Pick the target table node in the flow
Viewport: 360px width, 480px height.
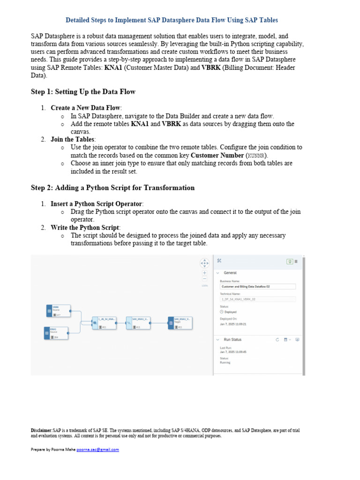point(180,323)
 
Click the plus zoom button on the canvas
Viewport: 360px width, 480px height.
point(204,272)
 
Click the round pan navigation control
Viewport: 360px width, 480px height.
point(204,263)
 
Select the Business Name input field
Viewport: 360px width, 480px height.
point(257,286)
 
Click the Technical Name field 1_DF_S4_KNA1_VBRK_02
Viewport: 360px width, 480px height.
point(257,299)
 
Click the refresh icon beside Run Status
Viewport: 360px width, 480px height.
point(277,339)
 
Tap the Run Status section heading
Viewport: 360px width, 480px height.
point(232,339)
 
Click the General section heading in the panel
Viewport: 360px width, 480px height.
point(230,273)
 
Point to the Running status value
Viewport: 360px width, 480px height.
point(225,362)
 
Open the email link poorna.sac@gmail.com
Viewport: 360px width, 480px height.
point(97,450)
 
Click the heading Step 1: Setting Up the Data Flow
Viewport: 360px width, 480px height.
point(83,91)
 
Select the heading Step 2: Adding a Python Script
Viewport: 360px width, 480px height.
point(112,187)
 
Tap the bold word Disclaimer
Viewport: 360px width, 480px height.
point(41,430)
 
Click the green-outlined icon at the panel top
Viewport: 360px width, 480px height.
point(290,261)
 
